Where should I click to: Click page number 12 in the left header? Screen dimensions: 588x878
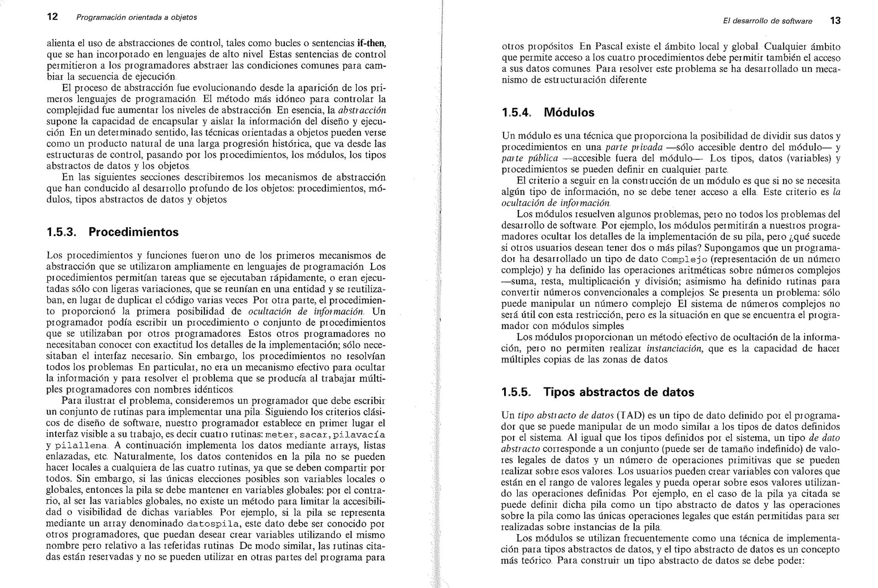(x=52, y=17)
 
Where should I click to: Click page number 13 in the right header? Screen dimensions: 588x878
(x=835, y=21)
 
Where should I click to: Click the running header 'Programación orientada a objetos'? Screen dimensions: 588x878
(x=136, y=18)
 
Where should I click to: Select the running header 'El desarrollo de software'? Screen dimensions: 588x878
(x=767, y=21)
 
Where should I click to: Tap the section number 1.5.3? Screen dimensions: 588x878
(x=61, y=232)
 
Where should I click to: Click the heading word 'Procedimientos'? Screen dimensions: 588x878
(x=133, y=232)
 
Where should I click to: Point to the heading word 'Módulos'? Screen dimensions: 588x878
(x=569, y=113)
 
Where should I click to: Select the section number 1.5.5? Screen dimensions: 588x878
(x=517, y=392)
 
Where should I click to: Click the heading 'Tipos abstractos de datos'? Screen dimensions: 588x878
(x=619, y=392)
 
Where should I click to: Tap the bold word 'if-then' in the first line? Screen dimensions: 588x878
(x=371, y=43)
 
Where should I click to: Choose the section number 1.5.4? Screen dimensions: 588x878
(x=517, y=113)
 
